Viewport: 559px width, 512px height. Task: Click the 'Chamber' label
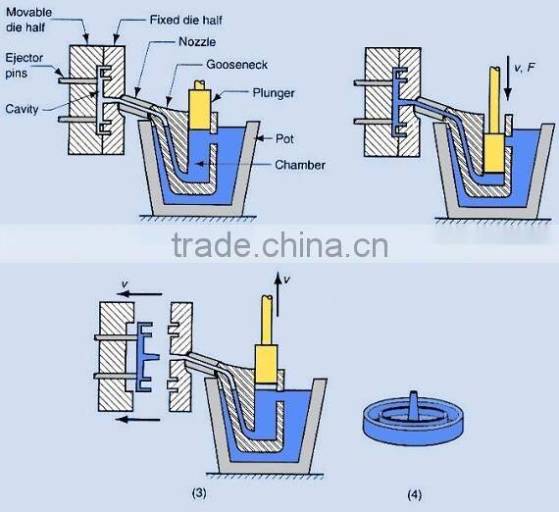(x=300, y=165)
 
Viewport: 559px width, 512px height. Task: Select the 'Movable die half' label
(x=29, y=22)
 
